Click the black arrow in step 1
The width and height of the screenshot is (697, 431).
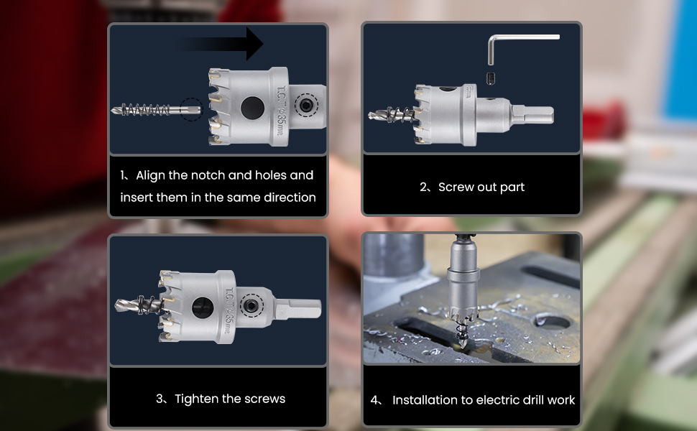[x=222, y=44]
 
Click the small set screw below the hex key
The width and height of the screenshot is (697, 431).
[x=491, y=78]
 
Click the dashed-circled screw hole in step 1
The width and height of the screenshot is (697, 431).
[x=306, y=106]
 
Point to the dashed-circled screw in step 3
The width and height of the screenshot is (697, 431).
[x=251, y=305]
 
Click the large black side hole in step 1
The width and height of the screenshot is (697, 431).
[x=252, y=108]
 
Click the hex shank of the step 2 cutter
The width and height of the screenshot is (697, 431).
[x=532, y=115]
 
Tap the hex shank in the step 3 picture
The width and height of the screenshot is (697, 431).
[x=298, y=308]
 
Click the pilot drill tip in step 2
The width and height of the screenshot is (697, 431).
[x=370, y=116]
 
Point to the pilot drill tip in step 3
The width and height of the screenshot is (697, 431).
[x=117, y=305]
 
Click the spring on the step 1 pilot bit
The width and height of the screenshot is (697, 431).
[x=145, y=110]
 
